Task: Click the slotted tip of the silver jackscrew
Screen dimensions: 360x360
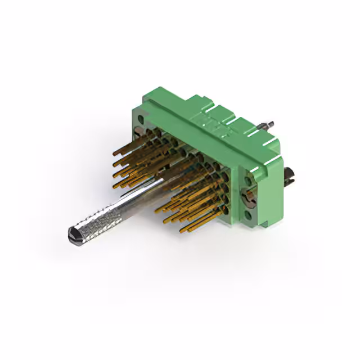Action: point(73,235)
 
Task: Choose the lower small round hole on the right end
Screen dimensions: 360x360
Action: point(248,215)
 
